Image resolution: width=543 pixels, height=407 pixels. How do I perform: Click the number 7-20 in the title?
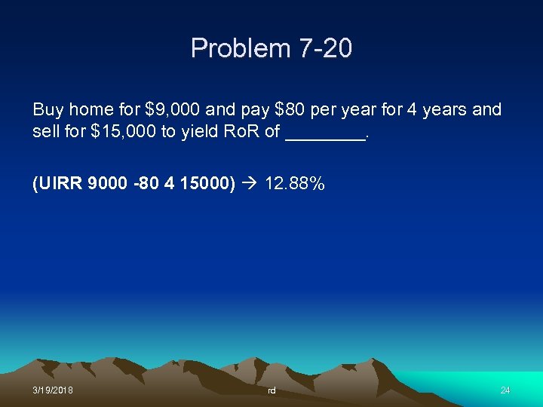[x=325, y=49]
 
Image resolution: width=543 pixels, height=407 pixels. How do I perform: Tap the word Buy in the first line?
[x=48, y=110]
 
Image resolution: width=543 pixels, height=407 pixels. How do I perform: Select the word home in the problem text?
[x=90, y=110]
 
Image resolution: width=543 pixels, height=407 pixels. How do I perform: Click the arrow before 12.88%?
[x=250, y=183]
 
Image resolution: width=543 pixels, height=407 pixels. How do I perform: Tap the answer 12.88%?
[x=295, y=183]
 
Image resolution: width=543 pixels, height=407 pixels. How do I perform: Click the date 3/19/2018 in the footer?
[x=53, y=390]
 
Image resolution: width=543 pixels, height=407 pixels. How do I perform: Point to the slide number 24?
[x=505, y=390]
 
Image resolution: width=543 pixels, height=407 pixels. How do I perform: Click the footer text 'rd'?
[x=271, y=390]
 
